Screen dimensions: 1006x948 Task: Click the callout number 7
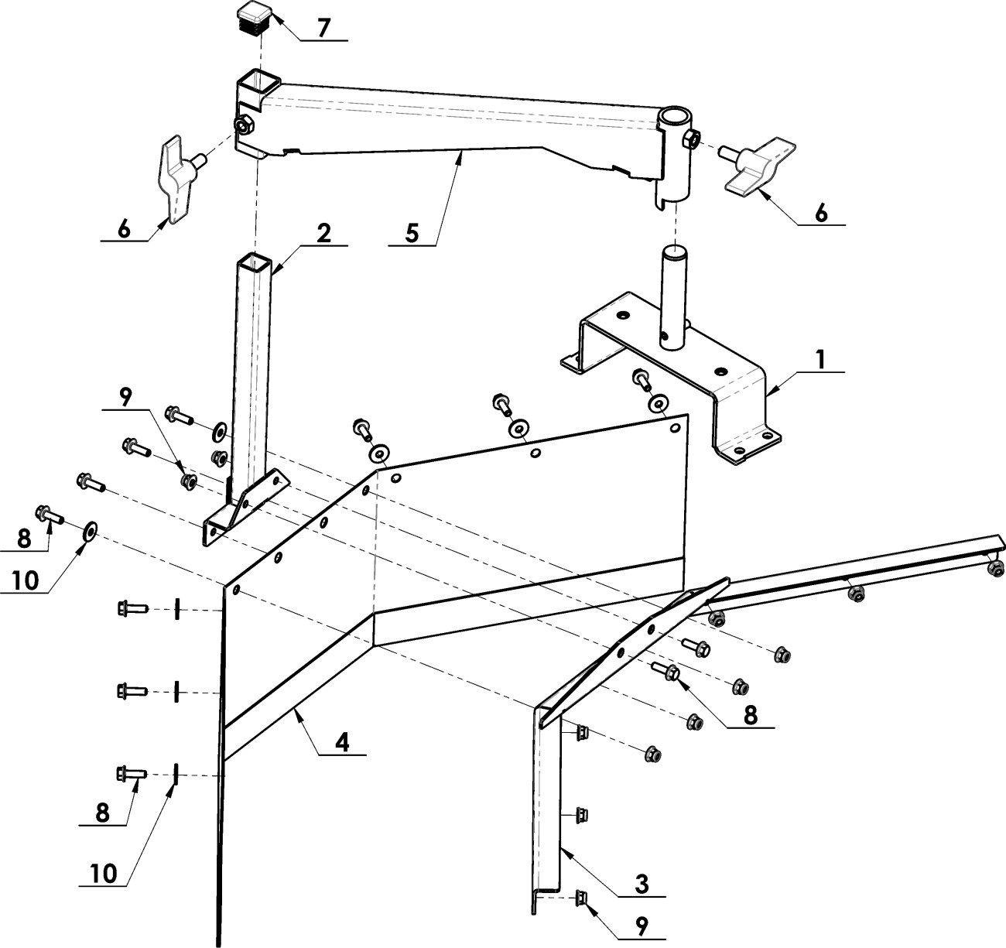323,27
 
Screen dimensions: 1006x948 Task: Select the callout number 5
412,234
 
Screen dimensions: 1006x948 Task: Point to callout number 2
323,233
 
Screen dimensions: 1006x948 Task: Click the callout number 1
820,360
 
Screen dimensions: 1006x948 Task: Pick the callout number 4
342,743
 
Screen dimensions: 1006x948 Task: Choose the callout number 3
642,885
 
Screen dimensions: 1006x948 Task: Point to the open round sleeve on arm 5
673,118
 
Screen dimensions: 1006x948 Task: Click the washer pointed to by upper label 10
91,531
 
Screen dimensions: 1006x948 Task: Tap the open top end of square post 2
254,262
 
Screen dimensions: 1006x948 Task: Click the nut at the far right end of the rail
996,570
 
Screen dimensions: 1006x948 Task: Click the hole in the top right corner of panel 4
675,428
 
